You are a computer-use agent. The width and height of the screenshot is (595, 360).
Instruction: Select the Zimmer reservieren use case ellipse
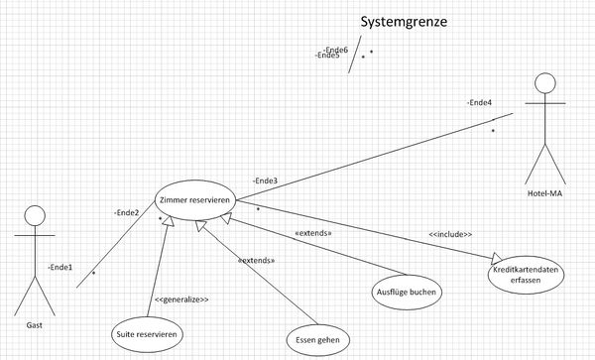(194, 199)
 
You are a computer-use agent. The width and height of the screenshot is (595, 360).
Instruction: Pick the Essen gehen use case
(317, 340)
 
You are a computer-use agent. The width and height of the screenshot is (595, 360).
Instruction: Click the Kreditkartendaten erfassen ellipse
(526, 275)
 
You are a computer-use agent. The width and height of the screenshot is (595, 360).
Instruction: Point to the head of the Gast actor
(36, 216)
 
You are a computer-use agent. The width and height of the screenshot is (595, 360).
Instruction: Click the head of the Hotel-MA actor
(544, 82)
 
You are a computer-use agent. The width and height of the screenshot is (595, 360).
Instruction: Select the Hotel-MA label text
(544, 193)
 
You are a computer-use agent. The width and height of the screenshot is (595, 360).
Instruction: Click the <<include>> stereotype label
(450, 234)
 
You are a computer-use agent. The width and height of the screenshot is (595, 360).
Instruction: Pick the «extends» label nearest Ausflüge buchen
(313, 233)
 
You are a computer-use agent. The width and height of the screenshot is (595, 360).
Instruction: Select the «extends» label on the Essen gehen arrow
(256, 260)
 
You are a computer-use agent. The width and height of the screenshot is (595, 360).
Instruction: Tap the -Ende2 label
(127, 212)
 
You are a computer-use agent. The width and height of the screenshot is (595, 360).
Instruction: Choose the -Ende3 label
(265, 180)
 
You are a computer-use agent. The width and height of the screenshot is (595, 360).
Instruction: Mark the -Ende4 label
(480, 102)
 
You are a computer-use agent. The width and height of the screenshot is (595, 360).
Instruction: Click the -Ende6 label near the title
(335, 49)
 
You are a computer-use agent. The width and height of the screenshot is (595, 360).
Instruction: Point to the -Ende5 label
(326, 56)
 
